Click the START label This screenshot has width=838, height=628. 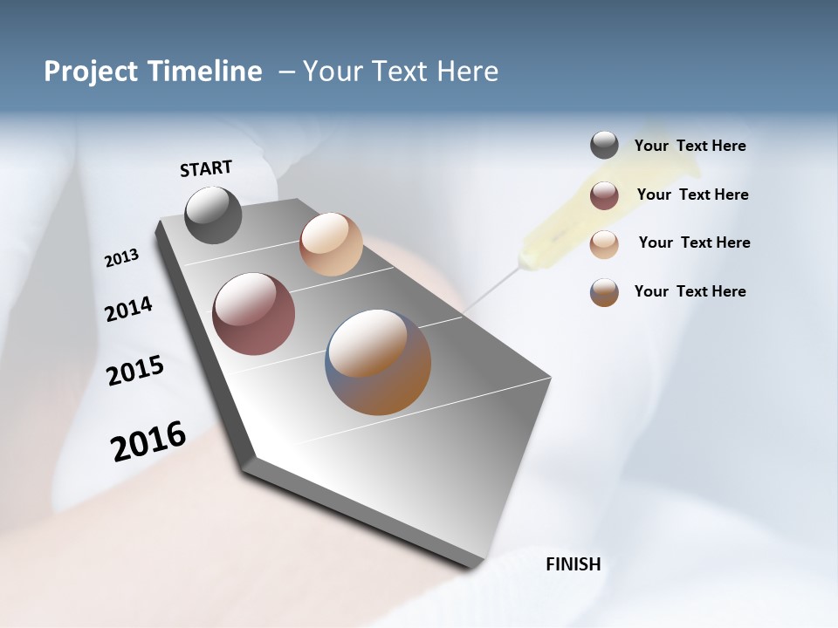pos(206,168)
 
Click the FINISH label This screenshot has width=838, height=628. pos(574,564)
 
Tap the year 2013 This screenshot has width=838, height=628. pos(121,258)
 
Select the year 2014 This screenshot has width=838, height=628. pos(128,309)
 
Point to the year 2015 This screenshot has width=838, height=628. pos(135,371)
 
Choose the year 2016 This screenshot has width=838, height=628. pos(148,440)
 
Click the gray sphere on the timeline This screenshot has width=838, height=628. pos(214,215)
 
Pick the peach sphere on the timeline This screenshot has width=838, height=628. pos(331,244)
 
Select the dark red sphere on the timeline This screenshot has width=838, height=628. pos(254,314)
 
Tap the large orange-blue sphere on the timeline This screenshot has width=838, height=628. pos(379,362)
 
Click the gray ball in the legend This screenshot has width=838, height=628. pos(604,145)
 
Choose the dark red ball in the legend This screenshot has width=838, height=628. pos(604,195)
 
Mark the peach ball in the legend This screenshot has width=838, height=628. pos(604,243)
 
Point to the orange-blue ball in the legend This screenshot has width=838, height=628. pos(604,292)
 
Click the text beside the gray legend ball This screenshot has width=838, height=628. pos(690,146)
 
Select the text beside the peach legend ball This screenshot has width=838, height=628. pos(694,242)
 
